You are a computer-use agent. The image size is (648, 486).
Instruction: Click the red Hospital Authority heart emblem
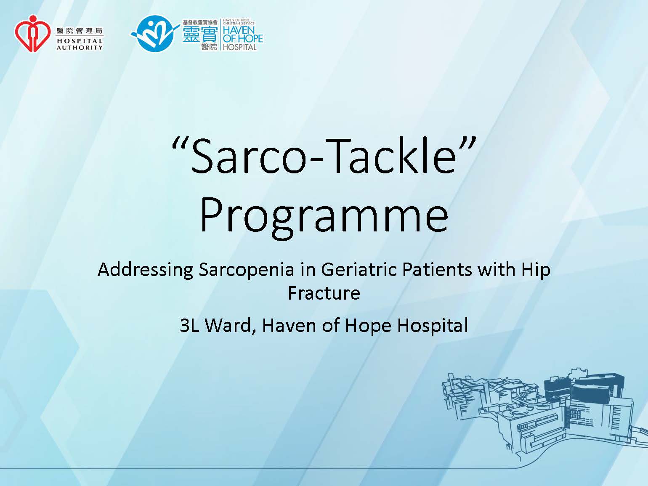[x=32, y=34]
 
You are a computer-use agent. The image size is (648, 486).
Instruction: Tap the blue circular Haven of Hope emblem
[x=155, y=34]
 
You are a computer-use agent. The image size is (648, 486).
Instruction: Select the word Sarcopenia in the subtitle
[x=247, y=270]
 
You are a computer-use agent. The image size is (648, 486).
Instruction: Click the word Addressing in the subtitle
[x=145, y=270]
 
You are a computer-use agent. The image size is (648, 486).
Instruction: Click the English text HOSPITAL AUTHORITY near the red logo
[x=80, y=44]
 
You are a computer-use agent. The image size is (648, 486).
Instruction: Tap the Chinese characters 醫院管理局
[x=80, y=31]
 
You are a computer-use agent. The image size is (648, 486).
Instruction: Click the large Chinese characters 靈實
[x=200, y=35]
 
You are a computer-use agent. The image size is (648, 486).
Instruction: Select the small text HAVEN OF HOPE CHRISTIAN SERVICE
[x=239, y=21]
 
